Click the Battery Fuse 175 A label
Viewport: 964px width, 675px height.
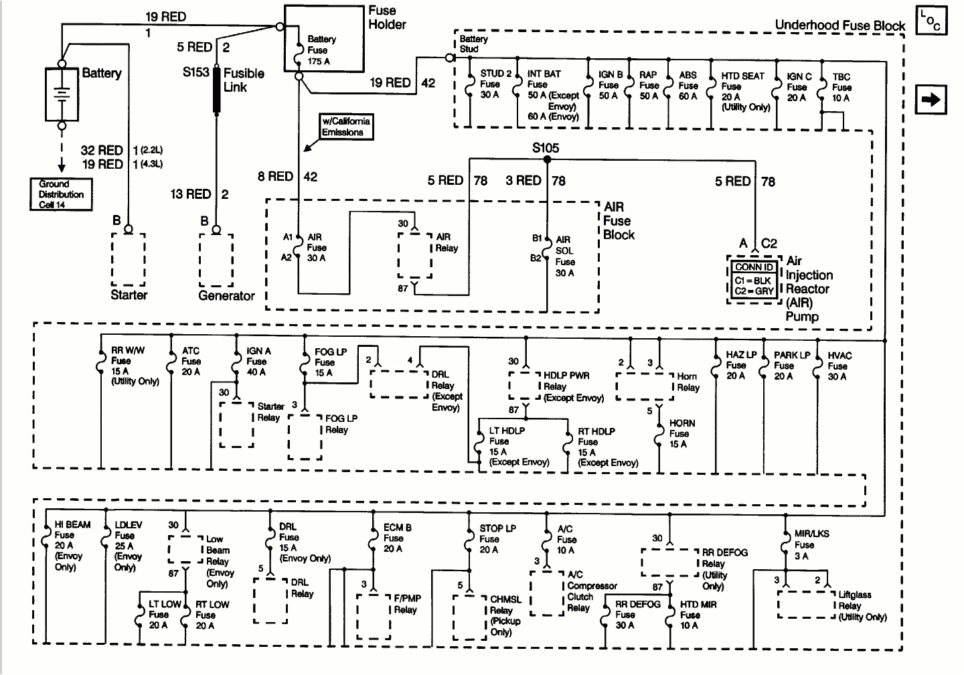point(321,50)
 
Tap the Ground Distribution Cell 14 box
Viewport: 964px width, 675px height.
point(61,194)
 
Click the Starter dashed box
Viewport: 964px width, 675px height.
point(129,260)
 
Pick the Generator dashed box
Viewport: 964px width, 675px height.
point(216,260)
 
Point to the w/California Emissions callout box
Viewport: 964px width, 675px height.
point(346,127)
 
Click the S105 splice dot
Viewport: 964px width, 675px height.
point(547,160)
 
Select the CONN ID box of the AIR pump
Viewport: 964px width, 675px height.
point(754,280)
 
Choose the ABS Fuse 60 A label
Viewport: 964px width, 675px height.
point(688,86)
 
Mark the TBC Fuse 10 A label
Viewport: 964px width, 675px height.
point(841,87)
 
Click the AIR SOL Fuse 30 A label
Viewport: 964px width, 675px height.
point(564,256)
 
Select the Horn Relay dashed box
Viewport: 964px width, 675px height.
point(644,387)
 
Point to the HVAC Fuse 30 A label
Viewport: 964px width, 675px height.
point(839,366)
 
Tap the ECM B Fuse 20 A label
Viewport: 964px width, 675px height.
point(397,538)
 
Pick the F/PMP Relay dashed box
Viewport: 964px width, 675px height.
point(374,616)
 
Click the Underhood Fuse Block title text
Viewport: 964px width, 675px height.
point(839,25)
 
